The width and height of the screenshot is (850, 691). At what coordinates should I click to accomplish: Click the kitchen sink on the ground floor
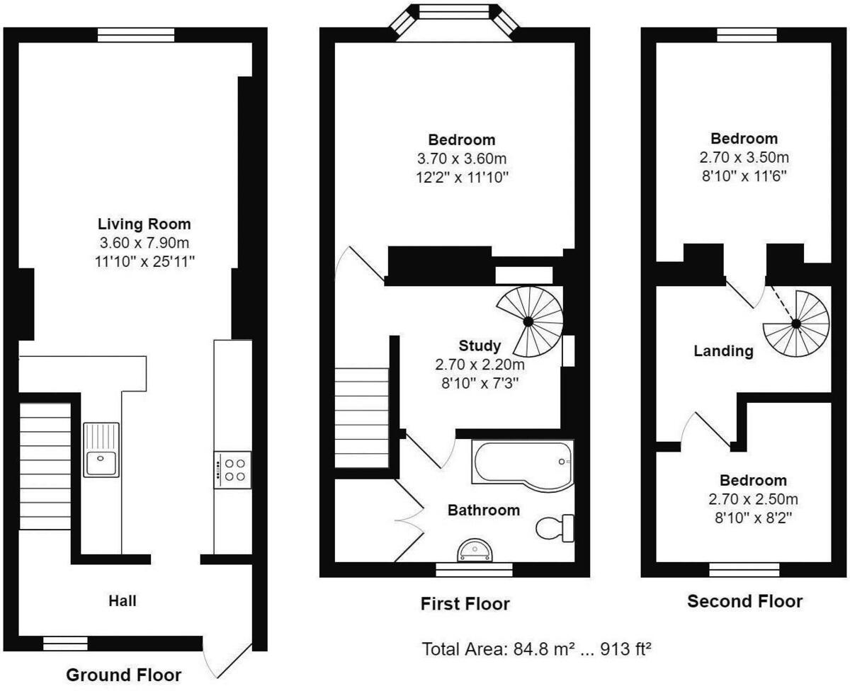pos(101,450)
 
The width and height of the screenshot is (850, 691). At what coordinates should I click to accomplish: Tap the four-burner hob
pos(232,469)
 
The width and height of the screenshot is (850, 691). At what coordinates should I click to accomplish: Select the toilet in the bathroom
pos(555,528)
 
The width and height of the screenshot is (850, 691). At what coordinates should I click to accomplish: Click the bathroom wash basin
pos(475,551)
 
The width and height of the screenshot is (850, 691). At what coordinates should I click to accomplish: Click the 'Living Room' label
pos(144,224)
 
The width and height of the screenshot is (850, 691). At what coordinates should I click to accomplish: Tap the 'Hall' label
pos(123,601)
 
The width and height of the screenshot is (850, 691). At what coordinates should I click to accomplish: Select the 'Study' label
pos(480,345)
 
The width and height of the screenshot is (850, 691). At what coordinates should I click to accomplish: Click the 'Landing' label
pos(723,351)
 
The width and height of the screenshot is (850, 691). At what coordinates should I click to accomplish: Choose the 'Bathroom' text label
pos(484,510)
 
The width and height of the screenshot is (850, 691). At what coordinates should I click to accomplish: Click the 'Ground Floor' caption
pos(124,675)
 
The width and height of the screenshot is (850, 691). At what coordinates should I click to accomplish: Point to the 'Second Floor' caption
pos(744,601)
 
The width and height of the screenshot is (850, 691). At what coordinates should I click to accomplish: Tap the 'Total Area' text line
pos(537,649)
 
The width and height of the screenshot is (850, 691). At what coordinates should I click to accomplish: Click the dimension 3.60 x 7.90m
pos(144,242)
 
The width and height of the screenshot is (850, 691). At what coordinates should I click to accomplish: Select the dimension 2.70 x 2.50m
pos(753,499)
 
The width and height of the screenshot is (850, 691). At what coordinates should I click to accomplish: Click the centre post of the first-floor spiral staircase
pos(528,321)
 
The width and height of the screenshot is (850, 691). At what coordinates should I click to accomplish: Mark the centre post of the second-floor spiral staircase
pos(795,324)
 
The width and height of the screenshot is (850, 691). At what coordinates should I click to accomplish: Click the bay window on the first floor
pos(454,22)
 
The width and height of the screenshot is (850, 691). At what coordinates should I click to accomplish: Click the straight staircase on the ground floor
pos(45,467)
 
